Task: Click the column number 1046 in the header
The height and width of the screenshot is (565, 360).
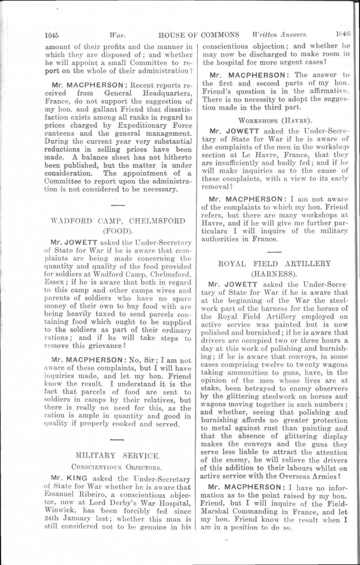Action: coord(342,33)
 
